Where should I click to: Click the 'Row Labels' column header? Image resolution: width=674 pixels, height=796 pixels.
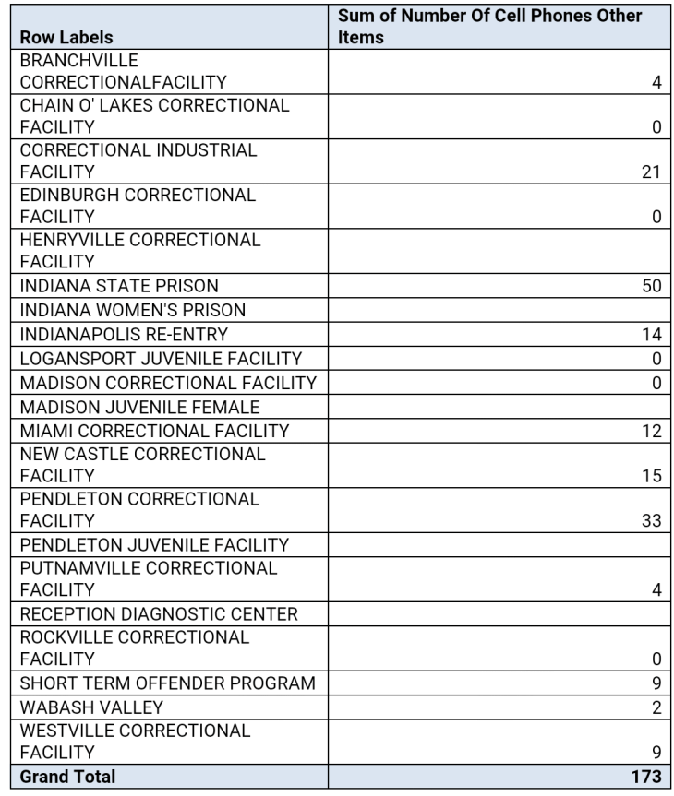coord(67,38)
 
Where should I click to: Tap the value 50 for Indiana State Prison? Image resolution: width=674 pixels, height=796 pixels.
coord(652,286)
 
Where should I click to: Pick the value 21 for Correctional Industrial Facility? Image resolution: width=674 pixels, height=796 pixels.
coord(652,172)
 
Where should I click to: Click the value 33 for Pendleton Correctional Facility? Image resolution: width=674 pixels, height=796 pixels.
coord(652,521)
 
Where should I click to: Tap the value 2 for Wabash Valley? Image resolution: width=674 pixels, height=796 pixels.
coord(656,708)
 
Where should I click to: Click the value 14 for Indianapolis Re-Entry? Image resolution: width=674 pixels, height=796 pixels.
coord(652,333)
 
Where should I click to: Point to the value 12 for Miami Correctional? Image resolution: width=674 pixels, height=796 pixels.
coord(652,430)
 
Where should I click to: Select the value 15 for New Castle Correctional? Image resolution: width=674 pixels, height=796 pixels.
coord(652,476)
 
